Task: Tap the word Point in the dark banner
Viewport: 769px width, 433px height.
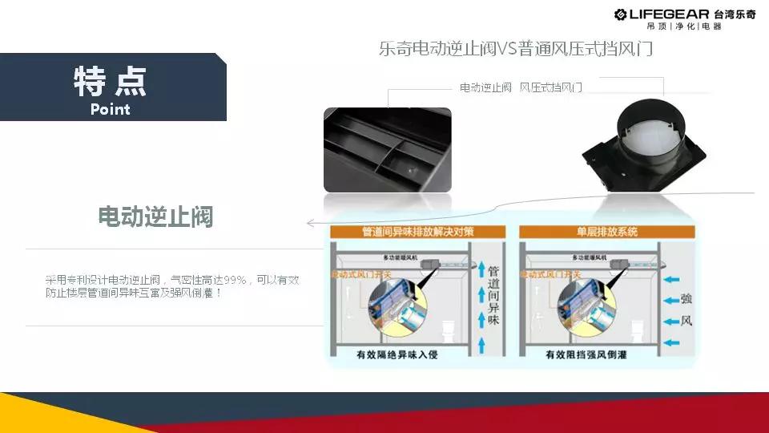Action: pos(111,109)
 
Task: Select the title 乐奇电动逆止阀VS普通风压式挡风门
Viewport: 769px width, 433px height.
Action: pos(516,49)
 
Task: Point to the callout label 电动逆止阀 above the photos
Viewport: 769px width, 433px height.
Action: pos(485,87)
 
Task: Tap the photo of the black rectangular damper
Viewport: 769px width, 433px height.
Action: pos(387,149)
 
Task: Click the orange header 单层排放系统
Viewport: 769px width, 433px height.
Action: pos(607,232)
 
